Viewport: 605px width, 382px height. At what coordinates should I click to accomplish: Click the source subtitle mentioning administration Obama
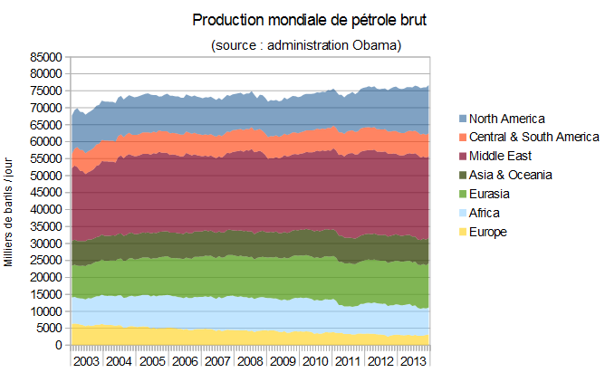(306, 44)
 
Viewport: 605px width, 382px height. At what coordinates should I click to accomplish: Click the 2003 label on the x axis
(86, 361)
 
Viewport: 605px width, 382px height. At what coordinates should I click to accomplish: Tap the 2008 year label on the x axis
(249, 361)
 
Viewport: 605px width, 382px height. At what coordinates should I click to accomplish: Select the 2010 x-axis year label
(314, 361)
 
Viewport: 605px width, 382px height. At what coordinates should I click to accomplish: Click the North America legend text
(507, 119)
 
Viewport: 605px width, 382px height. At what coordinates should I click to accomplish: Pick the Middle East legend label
(500, 156)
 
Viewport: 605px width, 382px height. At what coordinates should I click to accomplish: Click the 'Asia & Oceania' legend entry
(511, 175)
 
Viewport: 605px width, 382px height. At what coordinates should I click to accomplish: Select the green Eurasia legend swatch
(463, 194)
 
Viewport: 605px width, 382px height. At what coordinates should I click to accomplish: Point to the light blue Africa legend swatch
(463, 213)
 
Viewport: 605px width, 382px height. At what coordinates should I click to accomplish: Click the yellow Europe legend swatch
(463, 232)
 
